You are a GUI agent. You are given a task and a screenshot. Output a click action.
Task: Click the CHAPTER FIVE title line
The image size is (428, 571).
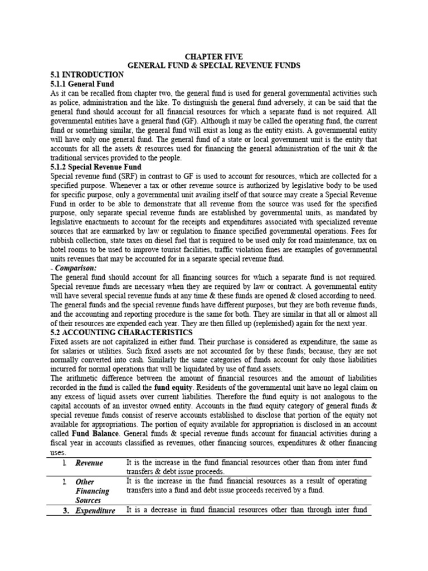[x=214, y=57]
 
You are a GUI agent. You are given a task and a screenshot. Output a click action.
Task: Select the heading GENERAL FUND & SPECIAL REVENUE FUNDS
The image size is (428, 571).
[x=214, y=65]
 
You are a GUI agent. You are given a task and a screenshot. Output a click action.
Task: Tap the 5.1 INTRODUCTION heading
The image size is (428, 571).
[x=86, y=74]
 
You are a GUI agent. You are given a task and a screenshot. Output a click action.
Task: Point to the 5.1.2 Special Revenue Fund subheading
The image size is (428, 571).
[x=96, y=167]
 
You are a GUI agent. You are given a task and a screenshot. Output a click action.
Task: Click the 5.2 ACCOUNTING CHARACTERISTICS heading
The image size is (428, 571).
[x=114, y=332]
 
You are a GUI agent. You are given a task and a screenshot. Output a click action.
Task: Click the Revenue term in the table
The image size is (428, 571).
[x=90, y=463]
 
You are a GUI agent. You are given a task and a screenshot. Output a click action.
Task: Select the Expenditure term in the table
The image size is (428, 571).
[x=95, y=510]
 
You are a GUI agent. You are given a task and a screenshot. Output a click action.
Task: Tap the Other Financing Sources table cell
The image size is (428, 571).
[x=93, y=491]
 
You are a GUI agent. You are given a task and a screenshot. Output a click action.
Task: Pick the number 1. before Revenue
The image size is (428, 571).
[x=65, y=463]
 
